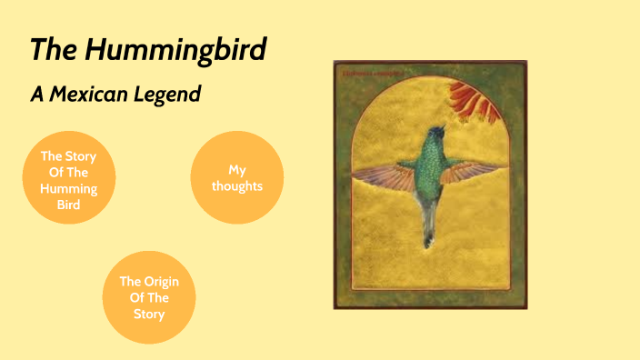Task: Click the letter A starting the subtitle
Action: point(37,94)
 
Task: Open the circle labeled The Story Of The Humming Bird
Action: point(68,179)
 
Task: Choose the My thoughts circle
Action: point(236,177)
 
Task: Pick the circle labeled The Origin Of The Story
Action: point(149,297)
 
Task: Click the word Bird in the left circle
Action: point(68,205)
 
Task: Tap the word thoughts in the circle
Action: point(236,185)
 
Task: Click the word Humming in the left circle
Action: point(68,188)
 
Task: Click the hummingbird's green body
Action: point(429,173)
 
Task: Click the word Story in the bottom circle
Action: point(149,315)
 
